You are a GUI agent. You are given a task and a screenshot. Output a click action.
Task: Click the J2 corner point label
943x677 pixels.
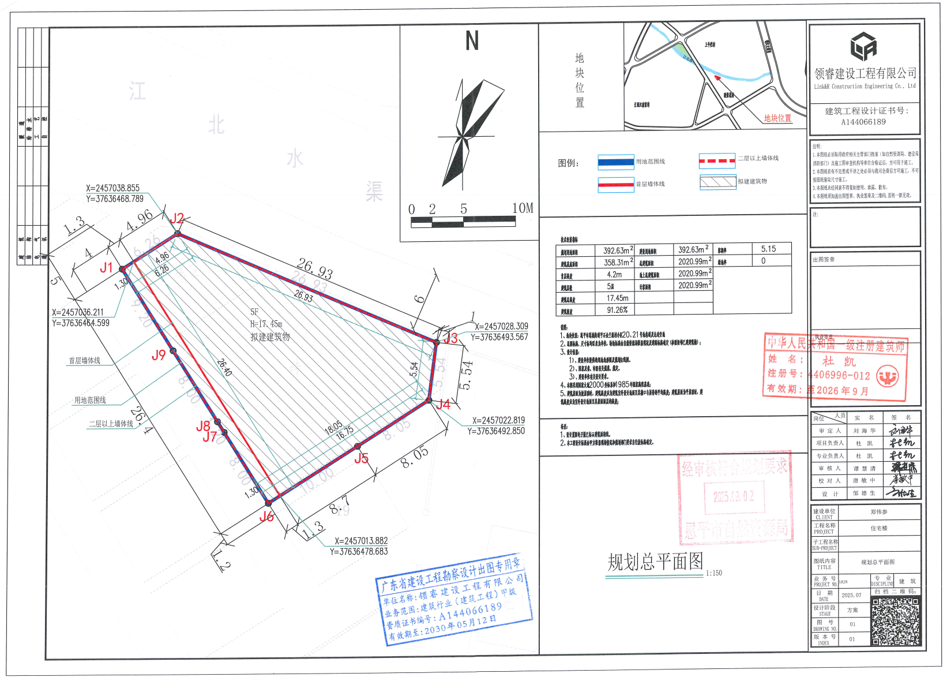(177, 218)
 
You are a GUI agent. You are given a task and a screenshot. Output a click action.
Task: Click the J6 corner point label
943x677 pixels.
(266, 517)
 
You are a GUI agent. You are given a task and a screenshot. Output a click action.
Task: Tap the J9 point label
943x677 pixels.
(159, 355)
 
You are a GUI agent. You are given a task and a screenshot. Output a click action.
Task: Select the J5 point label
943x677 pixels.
(361, 458)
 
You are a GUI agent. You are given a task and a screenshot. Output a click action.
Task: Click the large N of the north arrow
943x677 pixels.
(472, 41)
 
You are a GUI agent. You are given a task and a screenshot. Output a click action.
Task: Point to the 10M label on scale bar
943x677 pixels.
(523, 208)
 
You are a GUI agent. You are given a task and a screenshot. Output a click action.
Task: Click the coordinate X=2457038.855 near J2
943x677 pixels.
(112, 188)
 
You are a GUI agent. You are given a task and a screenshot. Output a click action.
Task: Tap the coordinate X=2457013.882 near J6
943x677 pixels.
(361, 541)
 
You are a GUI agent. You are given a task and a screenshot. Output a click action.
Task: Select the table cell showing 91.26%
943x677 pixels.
(617, 310)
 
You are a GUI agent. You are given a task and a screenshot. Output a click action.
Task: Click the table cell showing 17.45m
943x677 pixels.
(617, 298)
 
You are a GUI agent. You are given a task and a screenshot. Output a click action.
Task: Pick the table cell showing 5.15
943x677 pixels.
(768, 249)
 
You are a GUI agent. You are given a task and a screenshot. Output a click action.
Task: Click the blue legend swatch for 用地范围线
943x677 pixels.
(615, 162)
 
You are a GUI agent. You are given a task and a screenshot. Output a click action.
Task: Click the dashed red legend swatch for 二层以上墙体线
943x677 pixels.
(717, 160)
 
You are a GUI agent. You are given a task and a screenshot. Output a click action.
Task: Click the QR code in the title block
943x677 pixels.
(895, 621)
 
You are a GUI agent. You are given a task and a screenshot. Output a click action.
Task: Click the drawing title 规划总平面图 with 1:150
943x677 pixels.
(655, 562)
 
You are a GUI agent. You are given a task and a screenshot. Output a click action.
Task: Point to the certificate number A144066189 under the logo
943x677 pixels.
(863, 122)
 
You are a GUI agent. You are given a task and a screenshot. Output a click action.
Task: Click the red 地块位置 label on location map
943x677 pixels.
(777, 118)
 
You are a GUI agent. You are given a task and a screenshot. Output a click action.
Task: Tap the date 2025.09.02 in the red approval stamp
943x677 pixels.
(734, 496)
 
